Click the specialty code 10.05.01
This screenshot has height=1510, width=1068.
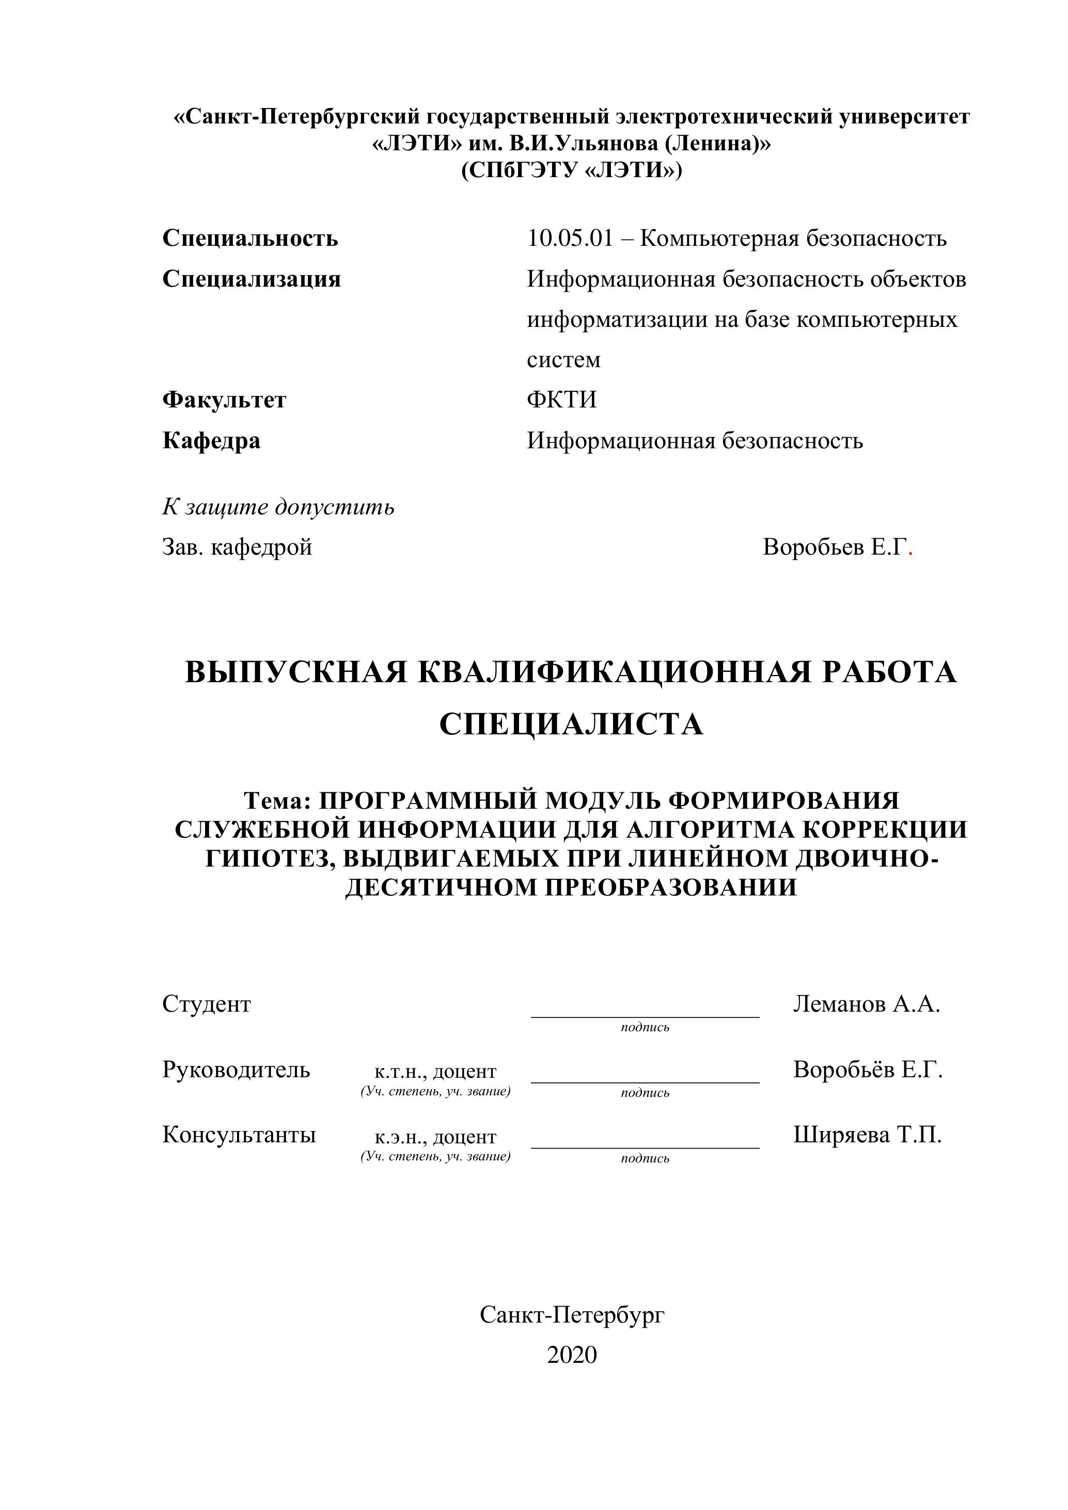click(x=570, y=238)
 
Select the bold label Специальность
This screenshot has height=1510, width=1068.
click(x=250, y=238)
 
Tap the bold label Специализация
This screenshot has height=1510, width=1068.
click(x=251, y=279)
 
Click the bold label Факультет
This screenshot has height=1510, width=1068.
click(x=224, y=400)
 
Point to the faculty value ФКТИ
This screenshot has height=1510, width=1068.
click(x=561, y=400)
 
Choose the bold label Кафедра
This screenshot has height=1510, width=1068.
click(x=211, y=440)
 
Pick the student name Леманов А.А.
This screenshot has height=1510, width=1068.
click(x=866, y=1003)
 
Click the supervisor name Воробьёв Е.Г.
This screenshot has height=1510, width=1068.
click(x=868, y=1069)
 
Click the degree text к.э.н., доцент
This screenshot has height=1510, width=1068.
click(x=435, y=1137)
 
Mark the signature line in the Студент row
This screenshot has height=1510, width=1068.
click(x=645, y=1017)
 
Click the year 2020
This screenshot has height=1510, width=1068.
click(x=572, y=1355)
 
